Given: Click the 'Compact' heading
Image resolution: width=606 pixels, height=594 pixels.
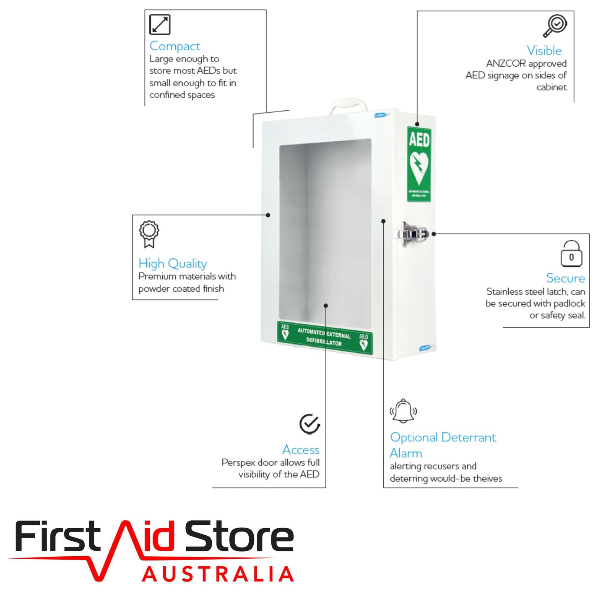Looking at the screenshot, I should pyautogui.click(x=175, y=46).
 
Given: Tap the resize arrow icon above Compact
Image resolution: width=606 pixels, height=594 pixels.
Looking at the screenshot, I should pyautogui.click(x=160, y=24).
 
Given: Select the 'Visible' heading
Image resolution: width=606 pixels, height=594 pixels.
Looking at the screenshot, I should pyautogui.click(x=544, y=51).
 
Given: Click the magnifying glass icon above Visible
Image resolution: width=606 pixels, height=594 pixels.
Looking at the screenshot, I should pyautogui.click(x=555, y=26).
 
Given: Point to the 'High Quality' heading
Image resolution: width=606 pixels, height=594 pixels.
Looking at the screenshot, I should pyautogui.click(x=173, y=264).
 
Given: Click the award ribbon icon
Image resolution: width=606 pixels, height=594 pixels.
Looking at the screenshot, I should pyautogui.click(x=149, y=234).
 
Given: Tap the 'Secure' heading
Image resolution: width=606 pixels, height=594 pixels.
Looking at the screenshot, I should pyautogui.click(x=565, y=278).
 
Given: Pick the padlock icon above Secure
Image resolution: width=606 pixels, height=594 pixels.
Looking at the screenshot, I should pyautogui.click(x=571, y=254).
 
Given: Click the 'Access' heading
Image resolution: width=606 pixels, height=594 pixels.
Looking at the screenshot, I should pyautogui.click(x=301, y=450).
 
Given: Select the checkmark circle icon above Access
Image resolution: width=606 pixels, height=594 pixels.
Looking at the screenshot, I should pyautogui.click(x=310, y=424).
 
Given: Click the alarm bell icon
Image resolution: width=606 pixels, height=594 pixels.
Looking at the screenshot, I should pyautogui.click(x=403, y=411).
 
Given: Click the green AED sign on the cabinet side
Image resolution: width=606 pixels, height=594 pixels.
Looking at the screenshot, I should pyautogui.click(x=419, y=164).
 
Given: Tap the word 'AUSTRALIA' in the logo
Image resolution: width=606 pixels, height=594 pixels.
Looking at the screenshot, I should pyautogui.click(x=218, y=574).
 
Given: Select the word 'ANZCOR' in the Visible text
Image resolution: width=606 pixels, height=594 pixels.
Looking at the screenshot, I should pyautogui.click(x=506, y=64).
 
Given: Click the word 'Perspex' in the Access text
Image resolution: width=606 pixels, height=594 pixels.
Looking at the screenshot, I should pyautogui.click(x=238, y=463).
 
